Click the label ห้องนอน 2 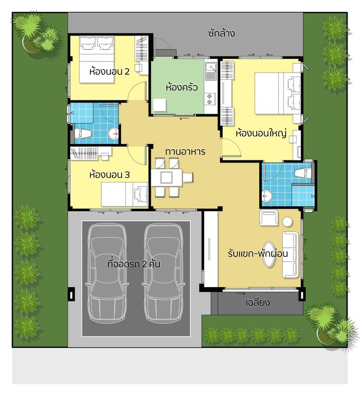coord(109,72)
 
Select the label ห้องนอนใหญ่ coord(261,134)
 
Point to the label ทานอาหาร coord(185,152)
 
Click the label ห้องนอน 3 coord(109,175)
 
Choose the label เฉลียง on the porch coord(258,303)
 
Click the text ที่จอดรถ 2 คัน coord(134,264)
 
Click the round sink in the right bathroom coord(267,195)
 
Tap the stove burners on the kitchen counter coord(211,98)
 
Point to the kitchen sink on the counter coord(210,72)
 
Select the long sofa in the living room coord(291,254)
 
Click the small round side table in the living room coord(287,222)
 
